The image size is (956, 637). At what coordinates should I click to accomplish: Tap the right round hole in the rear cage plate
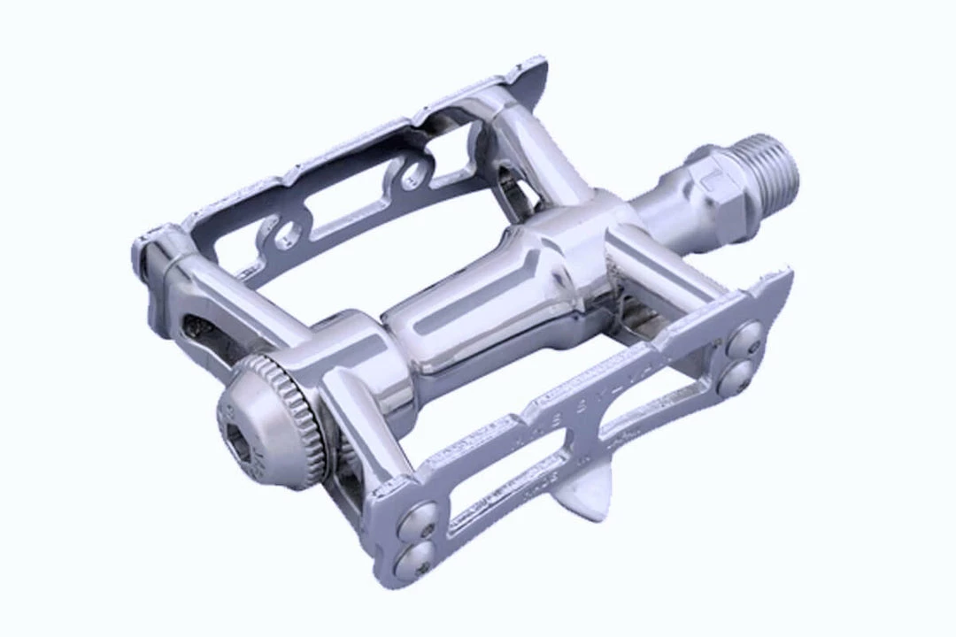(x=413, y=175)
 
